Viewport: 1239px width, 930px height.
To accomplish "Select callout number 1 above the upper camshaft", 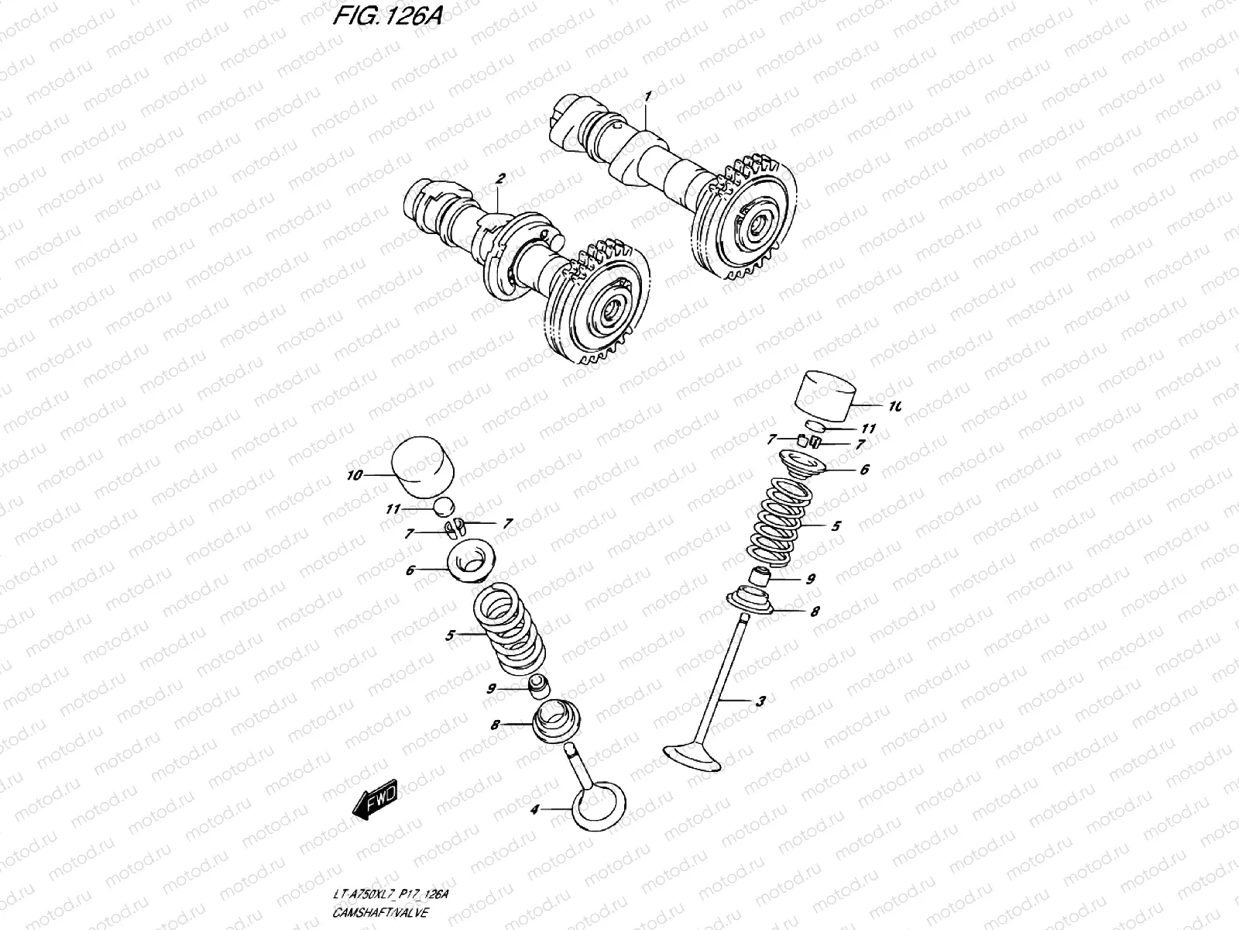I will coord(648,95).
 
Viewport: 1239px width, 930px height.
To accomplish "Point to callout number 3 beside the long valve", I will coord(760,701).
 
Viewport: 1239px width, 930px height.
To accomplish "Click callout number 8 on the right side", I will coord(815,611).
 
